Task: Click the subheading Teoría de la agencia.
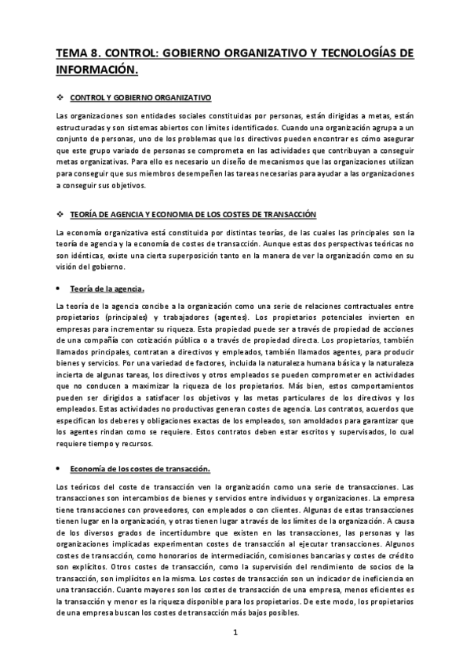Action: tap(106, 288)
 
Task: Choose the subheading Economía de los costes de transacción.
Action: tap(140, 469)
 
